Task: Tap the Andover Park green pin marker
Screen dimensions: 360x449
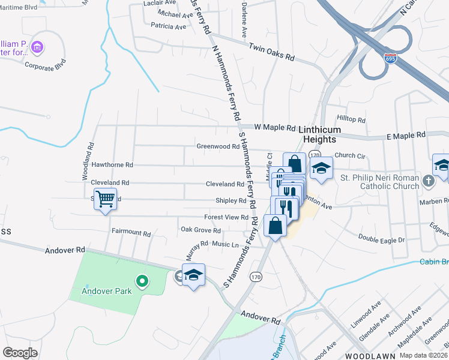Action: tap(142, 280)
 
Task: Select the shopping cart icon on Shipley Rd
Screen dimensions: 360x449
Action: tap(105, 199)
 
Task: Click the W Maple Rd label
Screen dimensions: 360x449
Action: tap(275, 128)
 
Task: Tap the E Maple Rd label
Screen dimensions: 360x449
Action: tap(406, 136)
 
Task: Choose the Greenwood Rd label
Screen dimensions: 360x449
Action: tap(218, 146)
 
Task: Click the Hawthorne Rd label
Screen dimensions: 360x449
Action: tap(112, 164)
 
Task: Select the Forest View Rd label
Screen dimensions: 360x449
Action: tap(226, 217)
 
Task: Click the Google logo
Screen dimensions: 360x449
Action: tap(20, 352)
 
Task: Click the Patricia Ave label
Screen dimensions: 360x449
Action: tap(169, 26)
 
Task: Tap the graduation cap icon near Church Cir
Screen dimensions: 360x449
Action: tap(321, 167)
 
